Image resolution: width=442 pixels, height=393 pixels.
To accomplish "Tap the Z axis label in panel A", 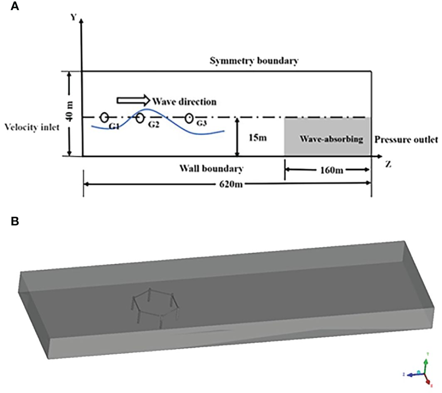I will [388, 164].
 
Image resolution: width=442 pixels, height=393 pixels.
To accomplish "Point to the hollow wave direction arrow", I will [132, 101].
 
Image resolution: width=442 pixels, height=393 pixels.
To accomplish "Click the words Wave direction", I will [184, 101].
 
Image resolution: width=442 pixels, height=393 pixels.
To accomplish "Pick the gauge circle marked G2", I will [141, 118].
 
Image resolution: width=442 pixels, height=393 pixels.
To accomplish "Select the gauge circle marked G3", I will [190, 118].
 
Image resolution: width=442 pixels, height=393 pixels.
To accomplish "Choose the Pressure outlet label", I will [406, 139].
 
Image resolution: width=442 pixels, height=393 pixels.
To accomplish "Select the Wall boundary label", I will [211, 169].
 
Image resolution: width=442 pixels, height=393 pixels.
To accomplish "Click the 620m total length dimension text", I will [228, 184].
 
